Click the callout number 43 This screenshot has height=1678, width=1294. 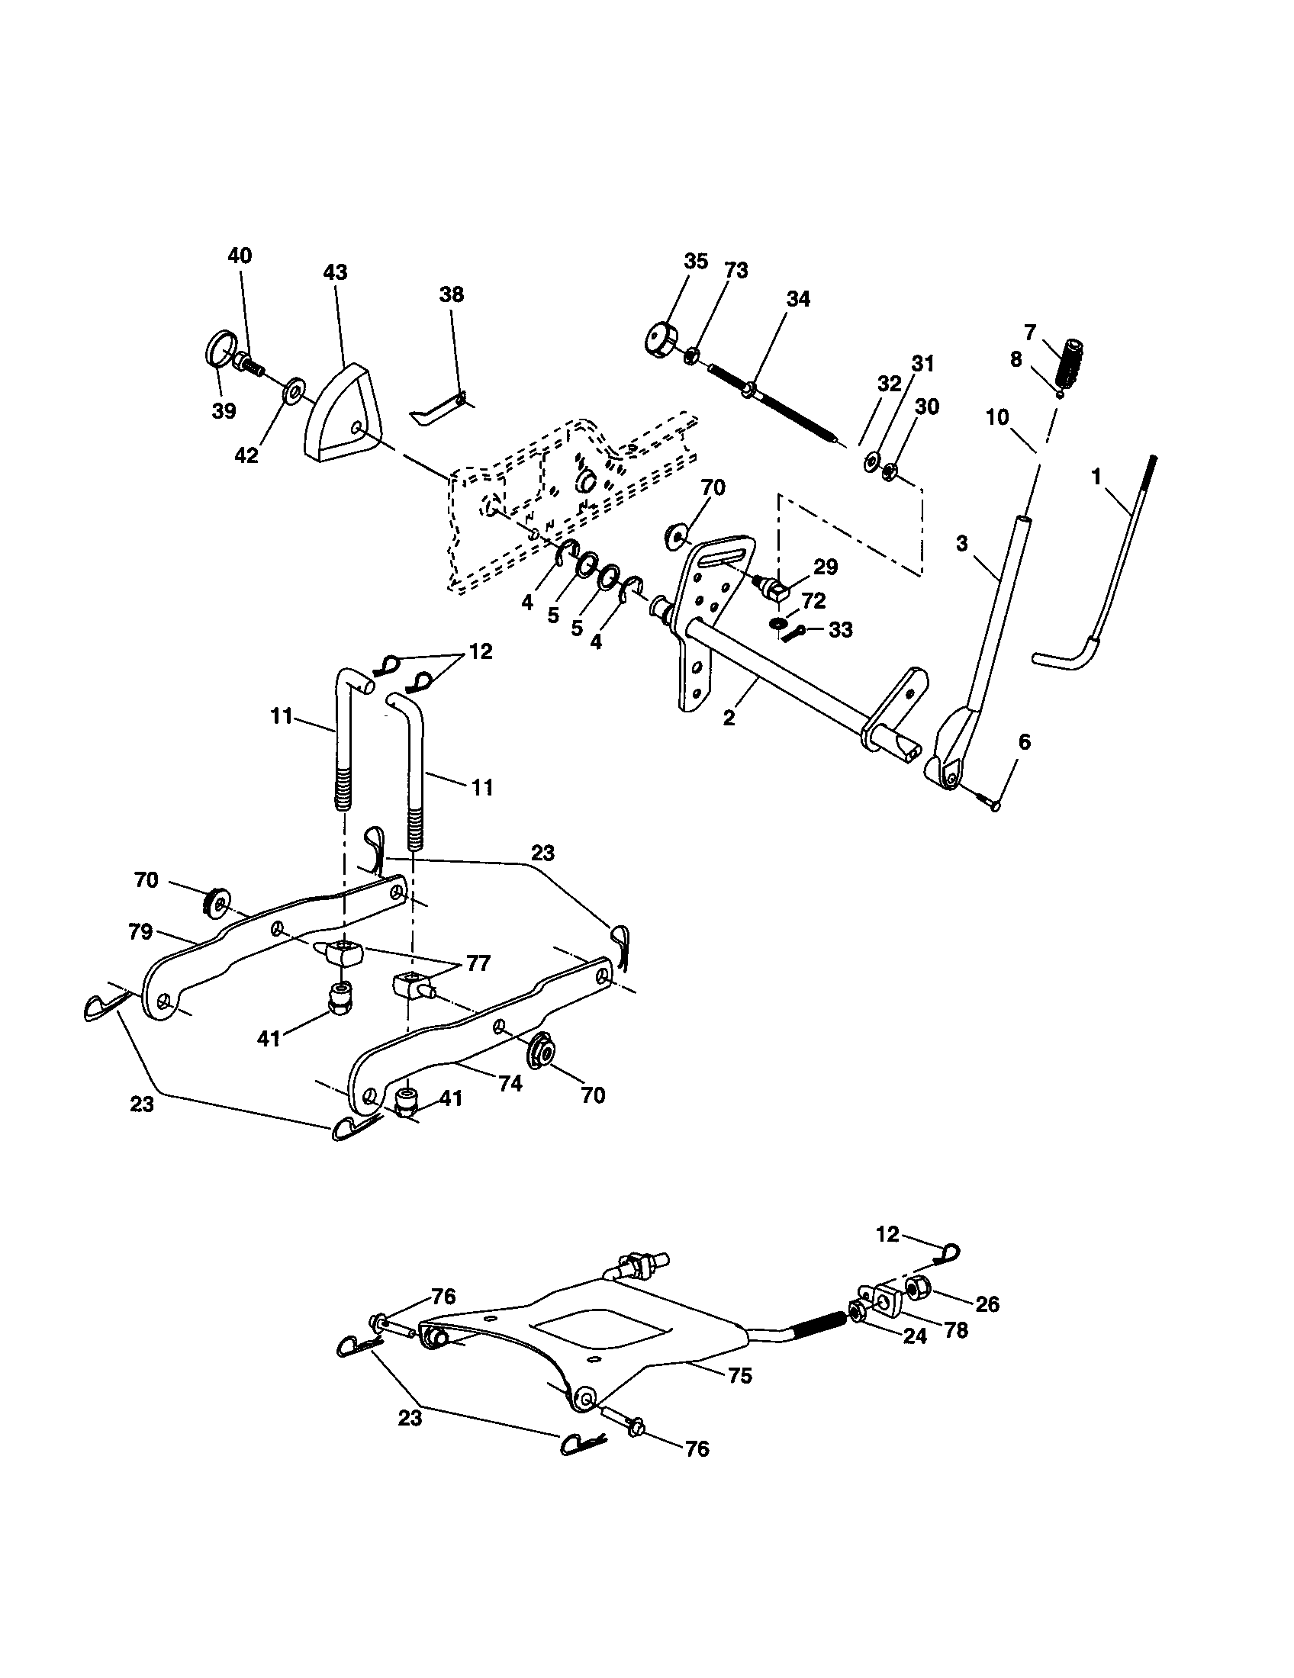point(335,272)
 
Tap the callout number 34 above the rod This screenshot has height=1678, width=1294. point(797,299)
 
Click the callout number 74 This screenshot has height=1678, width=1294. point(510,1084)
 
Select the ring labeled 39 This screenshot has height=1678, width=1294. point(220,349)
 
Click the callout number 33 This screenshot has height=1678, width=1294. point(841,630)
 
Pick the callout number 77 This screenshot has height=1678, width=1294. point(478,963)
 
